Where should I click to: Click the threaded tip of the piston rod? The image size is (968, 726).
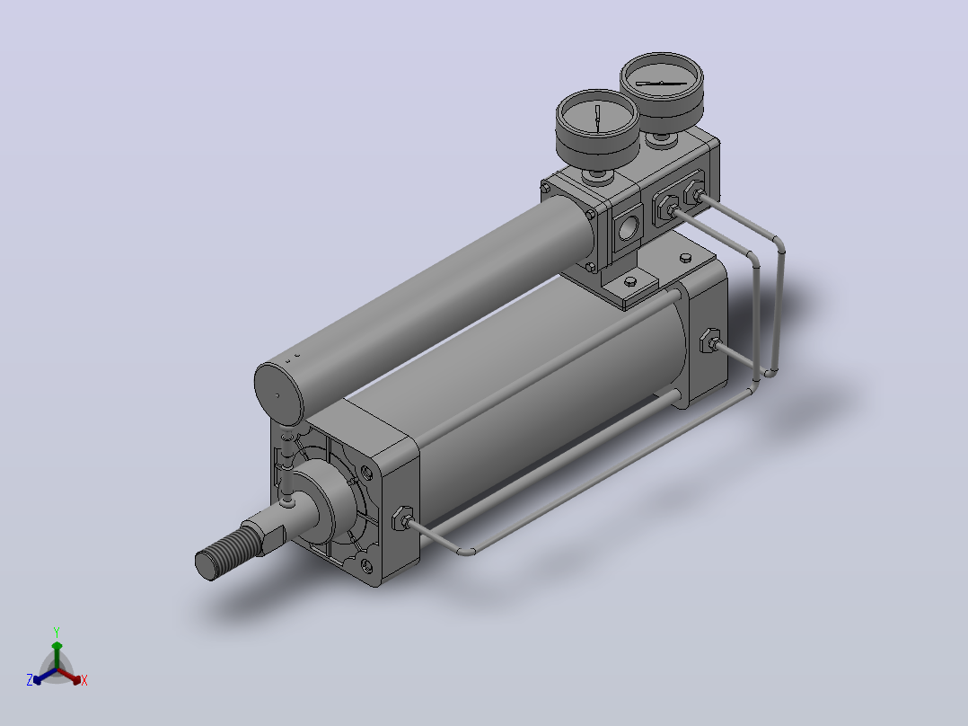(x=223, y=554)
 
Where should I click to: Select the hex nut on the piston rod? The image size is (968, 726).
(x=264, y=536)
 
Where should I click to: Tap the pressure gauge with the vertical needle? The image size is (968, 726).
(x=597, y=128)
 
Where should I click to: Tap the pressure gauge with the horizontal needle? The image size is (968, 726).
(x=662, y=91)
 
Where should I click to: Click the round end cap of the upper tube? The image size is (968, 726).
(x=279, y=394)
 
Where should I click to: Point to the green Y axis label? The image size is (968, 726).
(x=57, y=632)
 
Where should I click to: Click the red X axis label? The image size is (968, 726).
(x=84, y=680)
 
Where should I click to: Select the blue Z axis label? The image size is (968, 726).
(x=30, y=680)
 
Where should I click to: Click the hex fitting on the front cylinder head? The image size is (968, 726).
(x=402, y=518)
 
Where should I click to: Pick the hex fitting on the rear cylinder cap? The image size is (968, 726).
(x=709, y=341)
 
